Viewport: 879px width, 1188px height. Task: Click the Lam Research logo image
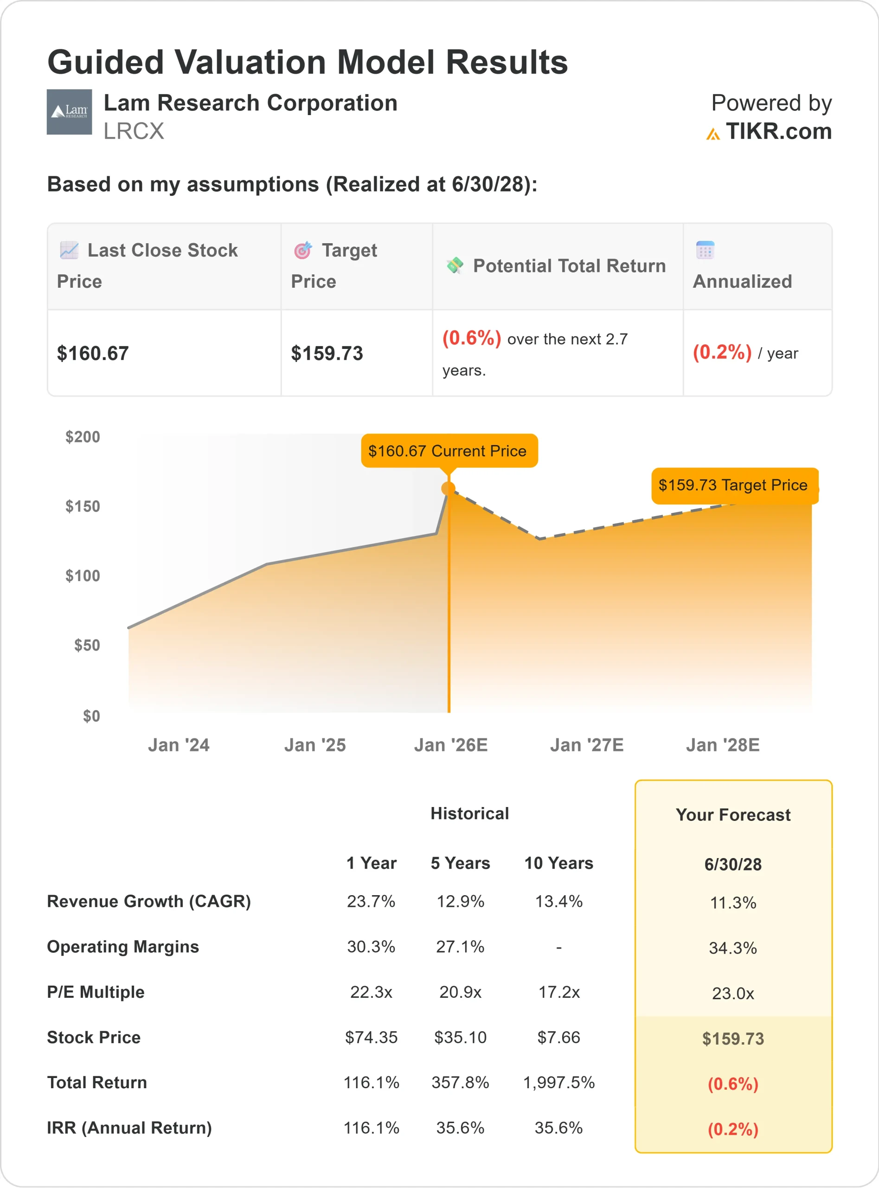tap(69, 112)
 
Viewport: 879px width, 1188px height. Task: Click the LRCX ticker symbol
tap(134, 131)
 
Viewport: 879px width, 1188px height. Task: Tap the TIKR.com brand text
tap(778, 131)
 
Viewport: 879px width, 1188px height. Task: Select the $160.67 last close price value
tap(93, 354)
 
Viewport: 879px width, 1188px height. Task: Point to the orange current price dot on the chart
tap(449, 489)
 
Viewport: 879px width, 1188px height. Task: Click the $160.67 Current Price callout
tap(449, 451)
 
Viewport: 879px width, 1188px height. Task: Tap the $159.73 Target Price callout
tap(734, 485)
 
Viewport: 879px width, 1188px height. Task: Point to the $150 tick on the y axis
tap(83, 506)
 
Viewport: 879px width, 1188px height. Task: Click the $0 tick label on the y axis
tap(91, 716)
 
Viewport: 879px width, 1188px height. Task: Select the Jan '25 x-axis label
tap(314, 745)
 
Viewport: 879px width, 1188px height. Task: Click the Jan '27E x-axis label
tap(586, 745)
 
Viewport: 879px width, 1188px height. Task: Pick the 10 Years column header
tap(558, 863)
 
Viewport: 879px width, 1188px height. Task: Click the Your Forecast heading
tap(733, 815)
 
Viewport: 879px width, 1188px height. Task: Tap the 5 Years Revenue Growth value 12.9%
tap(460, 901)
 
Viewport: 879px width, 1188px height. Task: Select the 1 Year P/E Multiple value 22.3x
tap(371, 992)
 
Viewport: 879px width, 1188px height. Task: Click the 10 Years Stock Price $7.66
tap(558, 1037)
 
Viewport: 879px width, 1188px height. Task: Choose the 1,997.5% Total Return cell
tap(558, 1083)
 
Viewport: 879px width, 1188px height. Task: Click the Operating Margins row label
tap(123, 947)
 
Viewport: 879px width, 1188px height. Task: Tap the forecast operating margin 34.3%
tap(733, 948)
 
